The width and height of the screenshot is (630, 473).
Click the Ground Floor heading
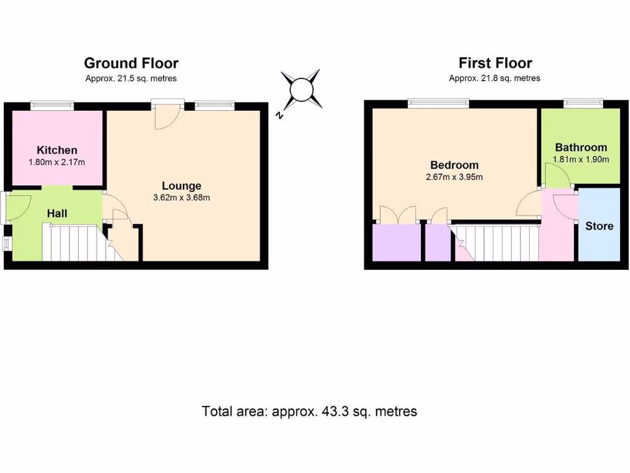coord(131,63)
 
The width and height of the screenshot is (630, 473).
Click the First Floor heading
coord(495,63)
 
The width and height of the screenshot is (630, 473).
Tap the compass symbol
coord(301,90)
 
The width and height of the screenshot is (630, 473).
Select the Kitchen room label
coord(57,150)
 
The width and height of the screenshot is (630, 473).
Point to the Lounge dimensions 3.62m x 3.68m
coord(181,198)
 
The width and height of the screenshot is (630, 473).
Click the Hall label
coord(57,214)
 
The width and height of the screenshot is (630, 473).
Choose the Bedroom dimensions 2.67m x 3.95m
coord(454,177)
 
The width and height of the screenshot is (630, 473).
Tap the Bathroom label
coord(581,147)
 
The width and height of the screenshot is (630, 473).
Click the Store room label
coord(599,226)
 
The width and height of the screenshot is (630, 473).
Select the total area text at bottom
coord(309,411)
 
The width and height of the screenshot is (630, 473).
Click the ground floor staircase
coord(73,243)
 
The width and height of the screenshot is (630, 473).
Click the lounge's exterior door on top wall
coord(167,114)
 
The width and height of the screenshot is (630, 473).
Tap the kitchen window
coord(53,105)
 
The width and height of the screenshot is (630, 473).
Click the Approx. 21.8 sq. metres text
coord(495,78)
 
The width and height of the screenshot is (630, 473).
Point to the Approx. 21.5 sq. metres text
coord(131,78)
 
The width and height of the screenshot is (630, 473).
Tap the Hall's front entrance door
coord(18,207)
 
